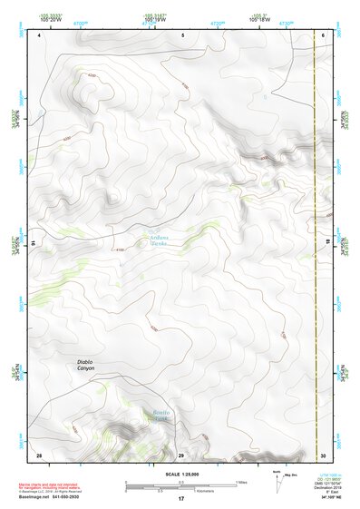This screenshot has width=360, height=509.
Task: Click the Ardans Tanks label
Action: click(160, 240)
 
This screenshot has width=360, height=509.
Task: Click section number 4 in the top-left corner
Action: click(41, 34)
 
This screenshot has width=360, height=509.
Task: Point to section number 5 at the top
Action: click(182, 34)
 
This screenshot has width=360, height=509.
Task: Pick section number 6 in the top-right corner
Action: click(323, 34)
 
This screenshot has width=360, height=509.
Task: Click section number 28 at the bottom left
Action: click(39, 454)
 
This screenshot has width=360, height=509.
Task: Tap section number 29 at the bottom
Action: click(180, 454)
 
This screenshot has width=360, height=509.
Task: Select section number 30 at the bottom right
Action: click(323, 454)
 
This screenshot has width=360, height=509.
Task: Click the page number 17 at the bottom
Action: click(180, 499)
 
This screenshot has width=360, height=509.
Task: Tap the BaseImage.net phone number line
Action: click(55, 499)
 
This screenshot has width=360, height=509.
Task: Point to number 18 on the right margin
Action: click(326, 243)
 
